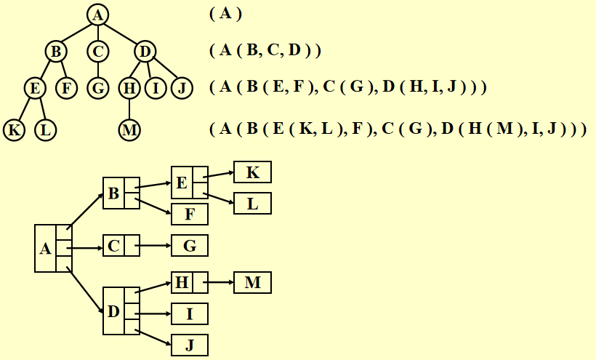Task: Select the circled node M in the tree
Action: coord(129,131)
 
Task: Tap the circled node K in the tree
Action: coord(13,131)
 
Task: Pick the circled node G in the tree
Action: coord(97,89)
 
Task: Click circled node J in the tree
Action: coord(182,89)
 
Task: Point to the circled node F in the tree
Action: coord(66,89)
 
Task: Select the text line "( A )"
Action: coord(225,14)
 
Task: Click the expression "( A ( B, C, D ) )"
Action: coord(265,51)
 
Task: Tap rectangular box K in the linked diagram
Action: coord(252,172)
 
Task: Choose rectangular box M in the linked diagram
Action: coord(252,282)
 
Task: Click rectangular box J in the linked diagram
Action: coord(190,345)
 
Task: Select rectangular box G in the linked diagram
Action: coord(190,246)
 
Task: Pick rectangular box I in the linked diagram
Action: coord(190,313)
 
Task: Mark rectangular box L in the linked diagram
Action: coord(252,203)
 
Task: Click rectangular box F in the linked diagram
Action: coord(190,214)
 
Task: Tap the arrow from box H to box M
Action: coord(220,282)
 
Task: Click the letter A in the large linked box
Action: coord(45,249)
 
